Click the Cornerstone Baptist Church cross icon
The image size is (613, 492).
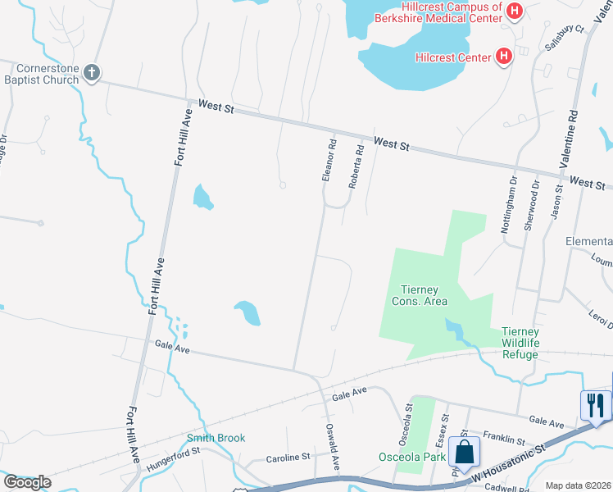pos(91,73)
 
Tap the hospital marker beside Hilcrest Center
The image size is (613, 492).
pos(505,57)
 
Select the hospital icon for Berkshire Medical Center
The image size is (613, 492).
pos(515,11)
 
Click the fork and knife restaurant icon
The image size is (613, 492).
pos(595,403)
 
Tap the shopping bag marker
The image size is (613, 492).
pos(464,451)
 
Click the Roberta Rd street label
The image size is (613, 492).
pos(356,167)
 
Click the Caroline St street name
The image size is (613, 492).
pos(288,457)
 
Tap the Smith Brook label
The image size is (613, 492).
pos(216,438)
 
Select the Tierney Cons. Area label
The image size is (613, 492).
pos(424,295)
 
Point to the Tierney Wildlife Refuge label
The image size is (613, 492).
pos(520,343)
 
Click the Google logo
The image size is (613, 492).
pos(27,482)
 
